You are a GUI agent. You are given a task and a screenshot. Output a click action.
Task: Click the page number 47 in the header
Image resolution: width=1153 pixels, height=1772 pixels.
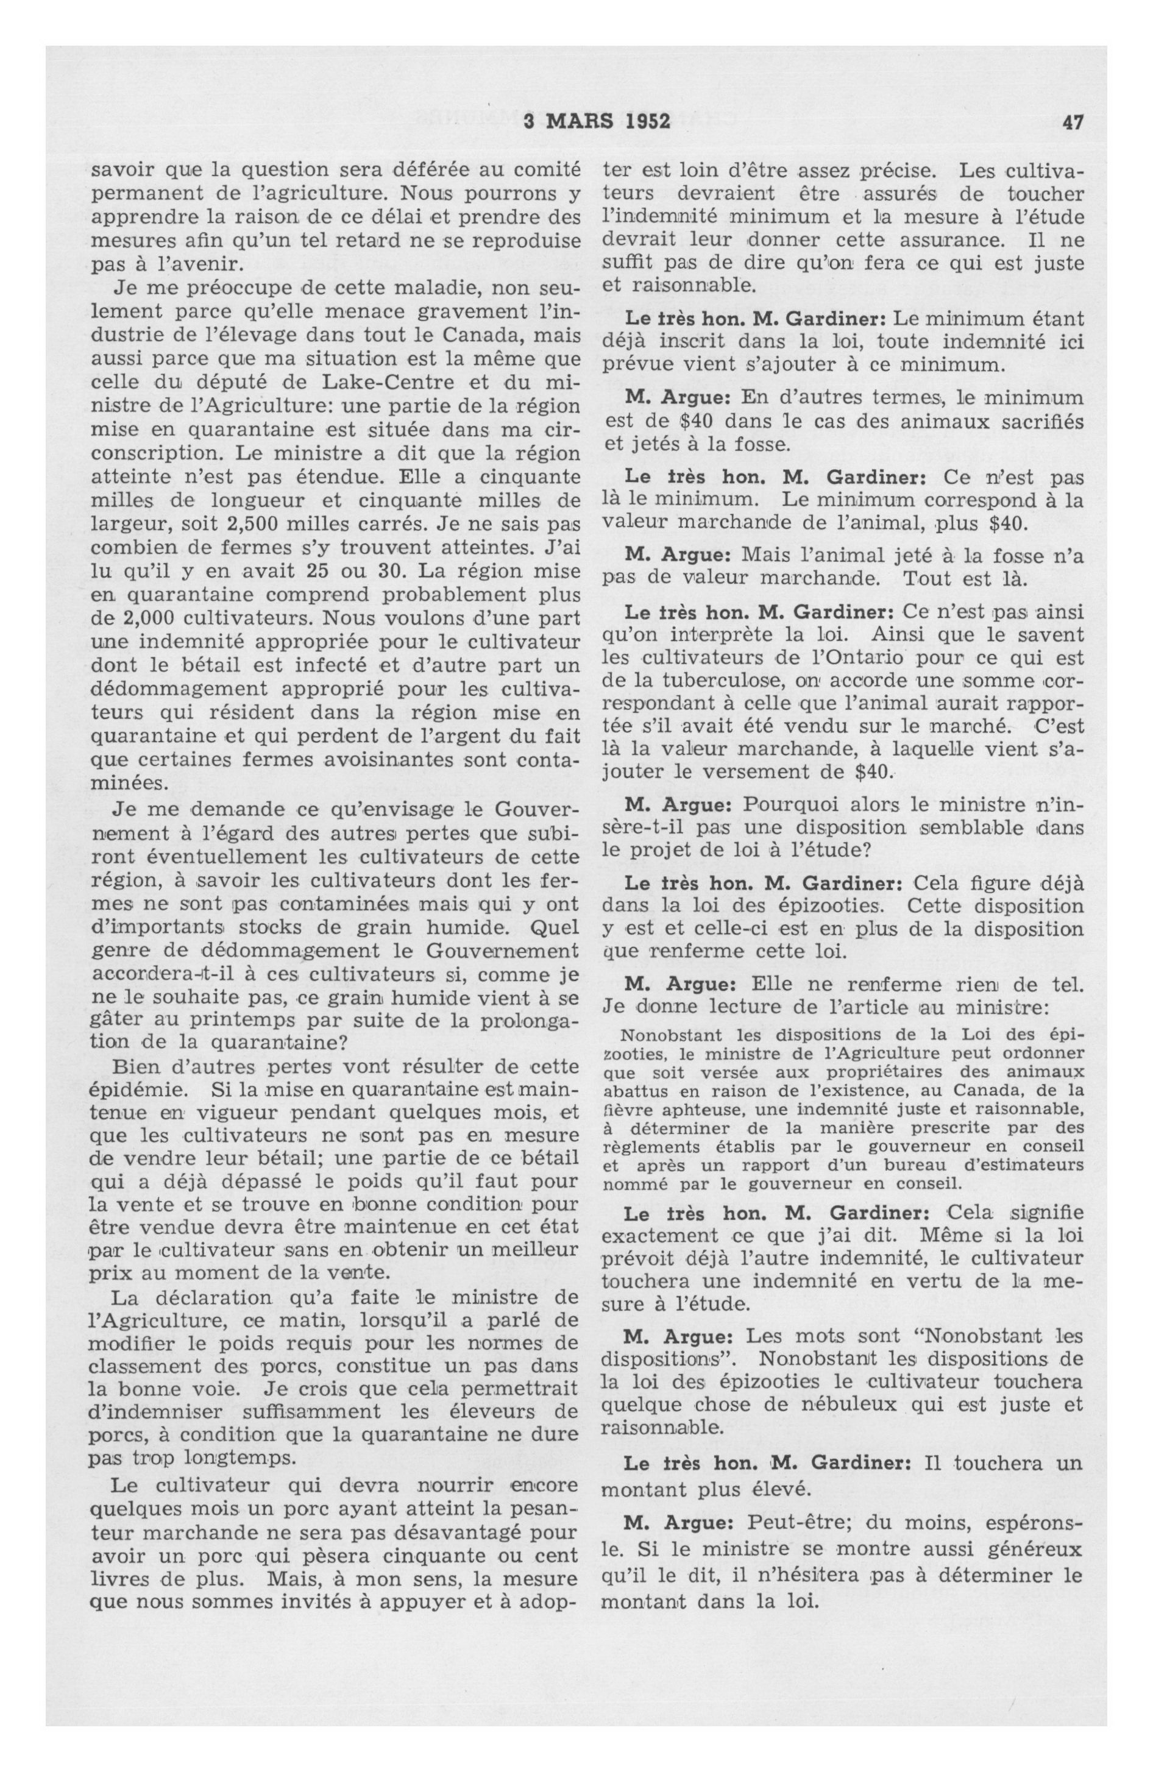[1073, 121]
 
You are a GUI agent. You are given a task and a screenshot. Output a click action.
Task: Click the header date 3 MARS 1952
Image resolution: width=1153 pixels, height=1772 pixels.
[597, 121]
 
